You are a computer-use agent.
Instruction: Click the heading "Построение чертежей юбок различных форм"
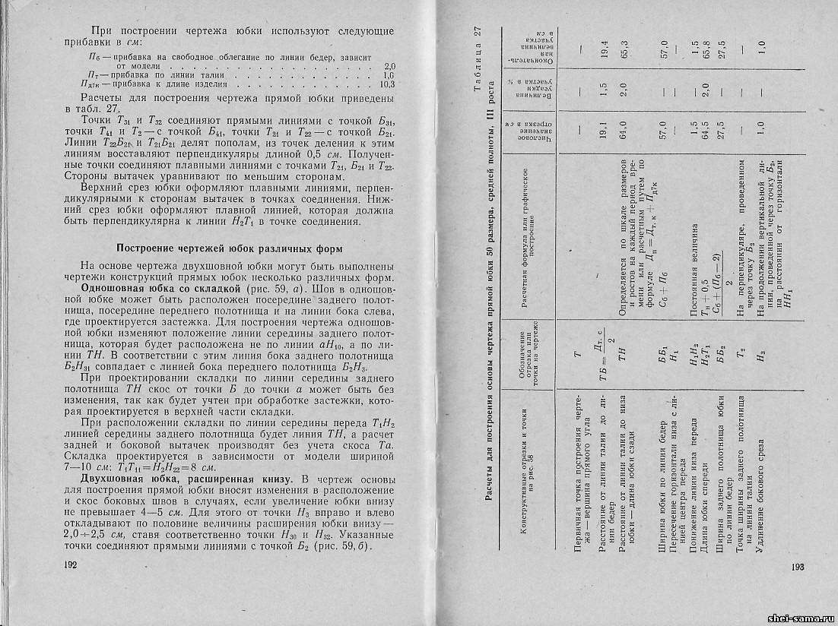[217, 248]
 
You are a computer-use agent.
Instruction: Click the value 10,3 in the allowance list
[386, 84]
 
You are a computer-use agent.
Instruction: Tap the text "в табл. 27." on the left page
[106, 108]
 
